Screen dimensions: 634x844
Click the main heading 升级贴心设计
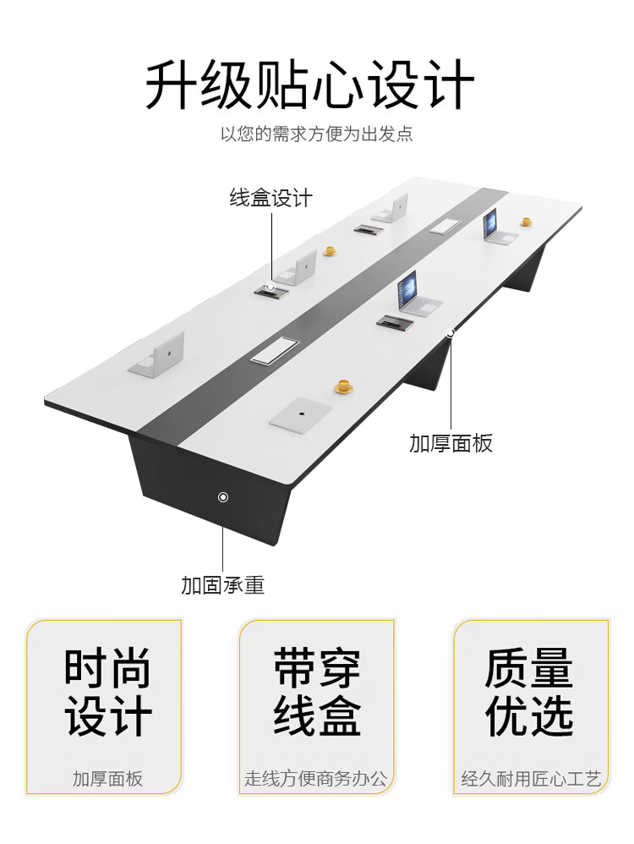point(309,85)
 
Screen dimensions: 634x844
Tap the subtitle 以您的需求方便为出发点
point(316,134)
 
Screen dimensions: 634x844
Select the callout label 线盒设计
point(271,199)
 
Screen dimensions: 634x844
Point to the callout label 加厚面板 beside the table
point(451,443)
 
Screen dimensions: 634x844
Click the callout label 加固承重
point(222,585)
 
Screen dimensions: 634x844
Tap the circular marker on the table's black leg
point(223,496)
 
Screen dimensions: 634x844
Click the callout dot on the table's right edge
point(451,333)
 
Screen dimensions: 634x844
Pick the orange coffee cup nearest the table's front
point(343,386)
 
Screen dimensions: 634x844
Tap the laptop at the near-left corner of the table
point(160,354)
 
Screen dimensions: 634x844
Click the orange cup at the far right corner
point(526,222)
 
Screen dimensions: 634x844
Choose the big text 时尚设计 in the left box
point(107,693)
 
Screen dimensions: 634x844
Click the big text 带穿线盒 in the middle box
point(317,693)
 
